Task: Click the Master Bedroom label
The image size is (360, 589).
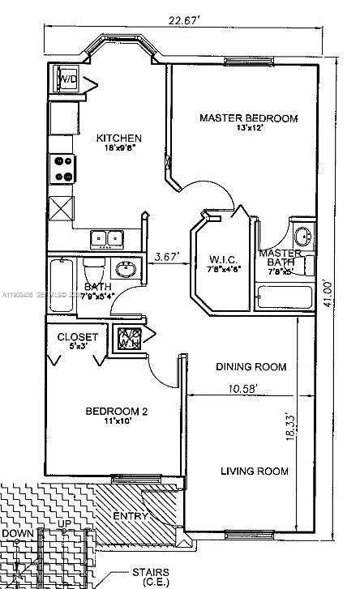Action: click(248, 118)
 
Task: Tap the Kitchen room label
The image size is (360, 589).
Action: click(119, 139)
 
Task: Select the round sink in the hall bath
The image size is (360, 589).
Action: click(126, 270)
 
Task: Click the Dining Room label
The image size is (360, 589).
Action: click(251, 367)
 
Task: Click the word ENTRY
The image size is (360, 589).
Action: click(130, 516)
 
